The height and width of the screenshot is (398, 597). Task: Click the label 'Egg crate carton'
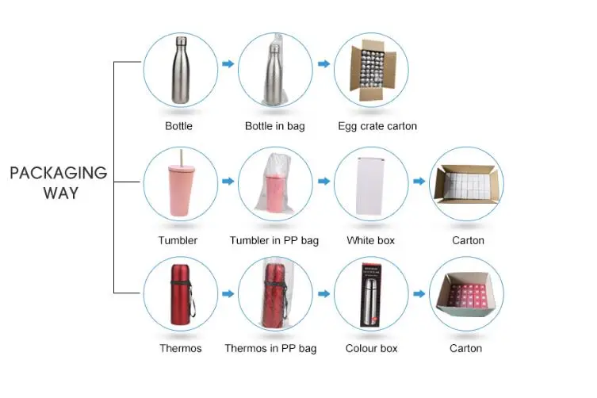(377, 126)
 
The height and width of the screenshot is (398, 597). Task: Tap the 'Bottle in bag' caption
(274, 126)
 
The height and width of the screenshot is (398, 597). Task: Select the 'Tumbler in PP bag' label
(274, 240)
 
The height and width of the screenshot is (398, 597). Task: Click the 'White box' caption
(370, 240)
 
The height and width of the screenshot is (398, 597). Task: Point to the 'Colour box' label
(371, 348)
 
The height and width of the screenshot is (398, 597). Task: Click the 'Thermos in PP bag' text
(270, 348)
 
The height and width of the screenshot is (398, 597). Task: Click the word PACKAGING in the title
(58, 173)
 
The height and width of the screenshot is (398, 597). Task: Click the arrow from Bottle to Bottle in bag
(228, 63)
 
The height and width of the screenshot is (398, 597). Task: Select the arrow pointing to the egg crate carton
(323, 63)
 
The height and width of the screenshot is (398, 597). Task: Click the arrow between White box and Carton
(419, 182)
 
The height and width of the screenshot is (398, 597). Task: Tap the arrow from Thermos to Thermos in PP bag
(228, 293)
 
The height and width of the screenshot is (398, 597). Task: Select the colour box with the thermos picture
(371, 293)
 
